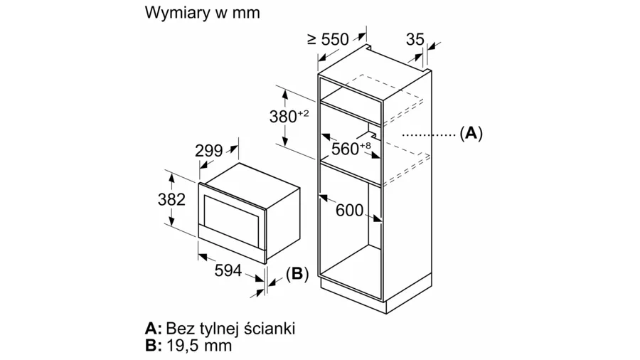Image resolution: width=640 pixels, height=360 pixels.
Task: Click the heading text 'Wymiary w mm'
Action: tap(201, 14)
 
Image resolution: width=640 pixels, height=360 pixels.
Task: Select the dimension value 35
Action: tap(415, 40)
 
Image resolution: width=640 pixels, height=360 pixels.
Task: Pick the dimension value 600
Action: tap(349, 211)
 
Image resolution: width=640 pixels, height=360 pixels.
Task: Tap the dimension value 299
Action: tap(209, 151)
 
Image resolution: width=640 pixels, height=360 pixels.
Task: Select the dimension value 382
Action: tap(171, 199)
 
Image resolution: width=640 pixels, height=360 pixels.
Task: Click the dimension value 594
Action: tap(228, 270)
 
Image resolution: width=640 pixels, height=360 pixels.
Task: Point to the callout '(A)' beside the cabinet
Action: tap(471, 133)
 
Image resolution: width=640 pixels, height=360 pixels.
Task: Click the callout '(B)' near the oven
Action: tap(297, 273)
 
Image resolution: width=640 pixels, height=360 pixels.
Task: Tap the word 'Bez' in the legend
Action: tap(181, 329)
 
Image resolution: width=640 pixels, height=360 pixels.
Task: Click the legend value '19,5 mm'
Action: tap(201, 346)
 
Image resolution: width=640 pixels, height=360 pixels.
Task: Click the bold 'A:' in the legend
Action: tap(153, 329)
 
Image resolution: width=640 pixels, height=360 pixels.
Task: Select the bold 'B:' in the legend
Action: tap(153, 346)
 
